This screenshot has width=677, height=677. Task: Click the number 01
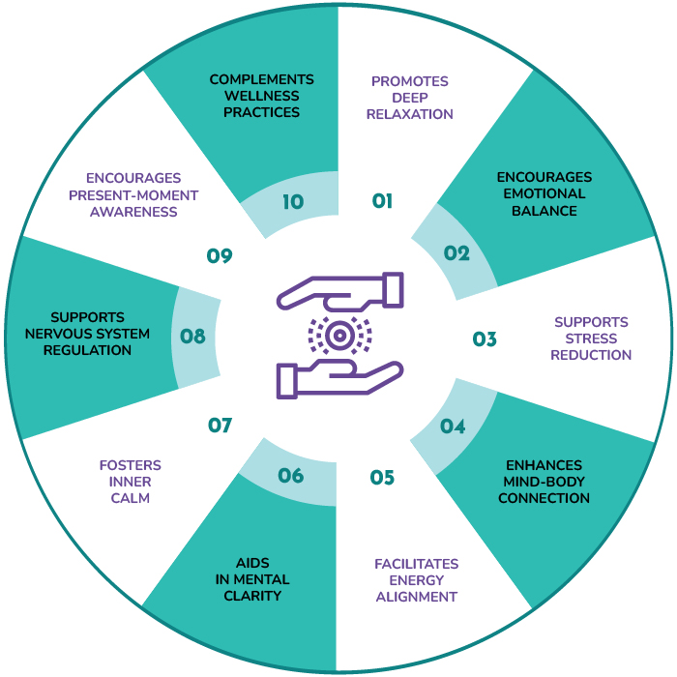(383, 201)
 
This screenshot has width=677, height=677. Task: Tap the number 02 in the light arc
(456, 253)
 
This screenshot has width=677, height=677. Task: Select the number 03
(485, 339)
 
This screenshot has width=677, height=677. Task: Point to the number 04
(453, 425)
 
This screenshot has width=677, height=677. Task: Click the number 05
(382, 477)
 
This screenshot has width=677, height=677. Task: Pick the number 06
(291, 475)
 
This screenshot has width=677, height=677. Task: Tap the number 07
(221, 425)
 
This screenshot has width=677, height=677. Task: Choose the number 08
(193, 337)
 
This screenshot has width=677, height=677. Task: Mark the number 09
(221, 255)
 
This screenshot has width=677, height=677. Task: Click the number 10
(293, 202)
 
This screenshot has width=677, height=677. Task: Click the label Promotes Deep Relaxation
(410, 98)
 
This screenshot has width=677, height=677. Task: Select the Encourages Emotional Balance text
(545, 194)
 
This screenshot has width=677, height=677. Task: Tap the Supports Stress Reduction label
(591, 338)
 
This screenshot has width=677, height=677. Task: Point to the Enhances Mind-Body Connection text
(544, 481)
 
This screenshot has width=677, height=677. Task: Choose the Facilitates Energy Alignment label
(417, 580)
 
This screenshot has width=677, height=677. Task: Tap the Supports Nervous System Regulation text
(91, 334)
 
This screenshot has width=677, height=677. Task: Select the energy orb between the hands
(338, 336)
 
